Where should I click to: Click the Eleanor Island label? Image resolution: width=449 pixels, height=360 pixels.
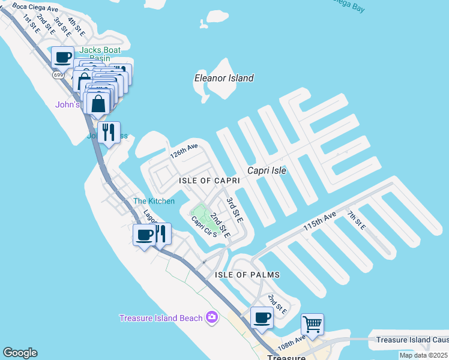click(x=223, y=78)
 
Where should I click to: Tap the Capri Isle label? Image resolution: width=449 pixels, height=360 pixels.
click(x=264, y=170)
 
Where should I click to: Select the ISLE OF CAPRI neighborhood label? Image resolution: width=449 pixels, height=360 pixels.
click(x=209, y=181)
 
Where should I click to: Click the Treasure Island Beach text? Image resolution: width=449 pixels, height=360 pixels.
click(x=161, y=318)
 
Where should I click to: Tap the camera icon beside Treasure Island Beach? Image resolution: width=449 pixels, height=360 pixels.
click(x=211, y=317)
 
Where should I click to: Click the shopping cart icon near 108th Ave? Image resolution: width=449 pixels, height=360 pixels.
click(x=312, y=325)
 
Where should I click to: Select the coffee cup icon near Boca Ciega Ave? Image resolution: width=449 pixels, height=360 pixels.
click(x=62, y=58)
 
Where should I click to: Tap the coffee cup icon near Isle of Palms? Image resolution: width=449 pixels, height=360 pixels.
click(x=261, y=318)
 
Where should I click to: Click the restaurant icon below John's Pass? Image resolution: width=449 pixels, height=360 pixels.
click(x=108, y=132)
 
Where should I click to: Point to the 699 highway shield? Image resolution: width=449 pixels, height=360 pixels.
click(x=58, y=75)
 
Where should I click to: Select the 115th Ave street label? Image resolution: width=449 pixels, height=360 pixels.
click(x=319, y=221)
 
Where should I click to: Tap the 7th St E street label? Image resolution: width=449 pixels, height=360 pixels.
click(x=355, y=219)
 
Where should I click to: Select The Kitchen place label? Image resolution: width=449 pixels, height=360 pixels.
click(x=154, y=201)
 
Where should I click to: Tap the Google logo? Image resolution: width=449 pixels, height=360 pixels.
click(x=20, y=353)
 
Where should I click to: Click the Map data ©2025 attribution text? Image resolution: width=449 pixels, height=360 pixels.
click(x=423, y=355)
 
